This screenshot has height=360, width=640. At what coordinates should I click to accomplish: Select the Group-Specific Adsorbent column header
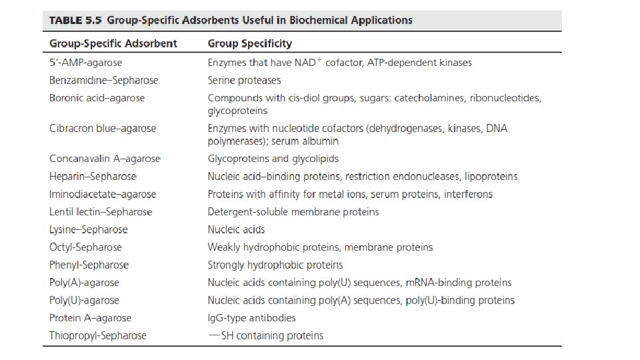point(113,43)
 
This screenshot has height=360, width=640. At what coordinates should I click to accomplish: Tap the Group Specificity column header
point(249,43)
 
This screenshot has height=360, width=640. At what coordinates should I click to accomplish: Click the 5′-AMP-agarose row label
point(86,63)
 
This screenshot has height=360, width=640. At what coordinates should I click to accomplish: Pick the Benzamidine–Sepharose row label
point(104,80)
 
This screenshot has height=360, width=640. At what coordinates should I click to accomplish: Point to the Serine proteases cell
point(244,80)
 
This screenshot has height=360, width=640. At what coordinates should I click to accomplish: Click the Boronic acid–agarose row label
point(97,98)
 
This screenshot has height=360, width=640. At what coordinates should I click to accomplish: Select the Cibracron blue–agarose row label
point(103,129)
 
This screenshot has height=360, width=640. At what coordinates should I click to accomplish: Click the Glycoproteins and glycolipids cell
point(273,159)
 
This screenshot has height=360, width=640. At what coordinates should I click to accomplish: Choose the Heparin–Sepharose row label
point(93,177)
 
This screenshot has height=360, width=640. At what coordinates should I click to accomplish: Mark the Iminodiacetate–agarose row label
point(103,194)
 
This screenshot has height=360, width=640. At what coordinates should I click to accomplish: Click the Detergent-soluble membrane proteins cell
point(293,212)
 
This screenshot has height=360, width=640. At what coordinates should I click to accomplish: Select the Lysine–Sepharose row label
point(89,229)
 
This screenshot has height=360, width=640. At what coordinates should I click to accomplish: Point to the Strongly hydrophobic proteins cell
point(275,265)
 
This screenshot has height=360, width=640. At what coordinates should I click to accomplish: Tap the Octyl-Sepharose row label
point(85,247)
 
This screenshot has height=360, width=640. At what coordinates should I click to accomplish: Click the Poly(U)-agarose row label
point(84,300)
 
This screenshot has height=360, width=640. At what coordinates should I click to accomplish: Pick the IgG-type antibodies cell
point(252,318)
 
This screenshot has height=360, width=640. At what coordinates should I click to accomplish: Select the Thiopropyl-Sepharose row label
point(98,335)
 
